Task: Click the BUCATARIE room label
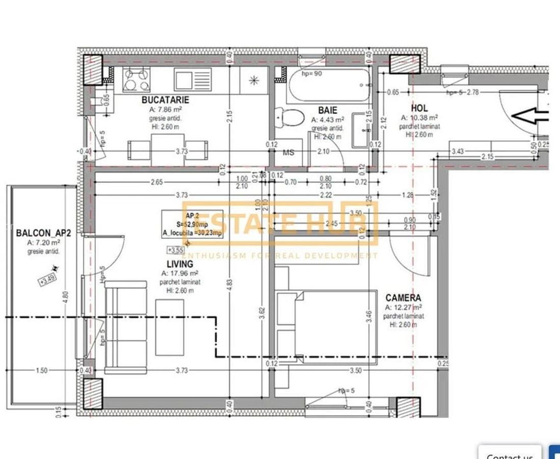point(165,100)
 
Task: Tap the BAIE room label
point(327,110)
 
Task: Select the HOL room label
point(419,108)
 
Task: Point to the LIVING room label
point(180,264)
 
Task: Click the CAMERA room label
point(403,298)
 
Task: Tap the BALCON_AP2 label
point(43,234)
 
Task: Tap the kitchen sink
point(193,80)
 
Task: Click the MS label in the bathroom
point(288,152)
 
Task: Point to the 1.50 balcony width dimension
point(42,370)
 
